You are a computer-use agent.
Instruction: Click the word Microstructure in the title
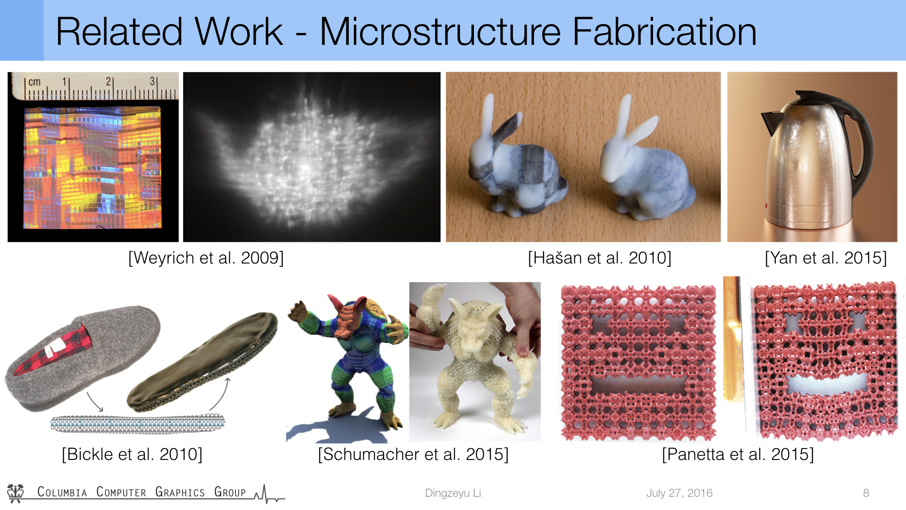[440, 32]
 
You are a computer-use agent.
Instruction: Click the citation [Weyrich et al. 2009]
[206, 258]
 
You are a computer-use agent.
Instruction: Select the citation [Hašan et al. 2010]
[599, 258]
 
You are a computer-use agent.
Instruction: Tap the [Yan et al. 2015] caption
[826, 258]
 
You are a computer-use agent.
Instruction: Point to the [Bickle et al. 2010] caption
[132, 454]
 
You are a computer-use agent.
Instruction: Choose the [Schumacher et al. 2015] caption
[413, 454]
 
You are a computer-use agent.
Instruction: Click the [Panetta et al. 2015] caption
[738, 454]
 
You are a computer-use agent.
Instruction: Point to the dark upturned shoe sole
[203, 361]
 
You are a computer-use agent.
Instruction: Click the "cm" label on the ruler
[34, 82]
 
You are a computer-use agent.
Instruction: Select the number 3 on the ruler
[152, 81]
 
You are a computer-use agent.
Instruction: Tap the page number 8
[866, 493]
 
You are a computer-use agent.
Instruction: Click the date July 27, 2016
[679, 493]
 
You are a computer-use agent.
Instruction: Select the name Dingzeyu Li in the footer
[453, 493]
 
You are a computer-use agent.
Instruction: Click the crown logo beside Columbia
[16, 493]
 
